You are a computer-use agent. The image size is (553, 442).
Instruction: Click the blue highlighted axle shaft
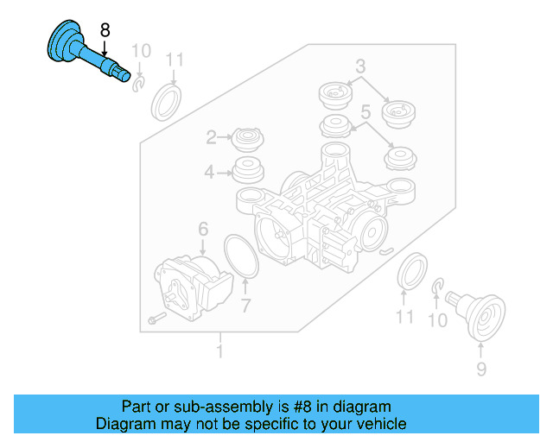83,53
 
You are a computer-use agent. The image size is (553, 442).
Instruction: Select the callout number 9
480,369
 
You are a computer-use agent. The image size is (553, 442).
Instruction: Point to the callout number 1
219,351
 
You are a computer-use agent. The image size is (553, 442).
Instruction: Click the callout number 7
245,306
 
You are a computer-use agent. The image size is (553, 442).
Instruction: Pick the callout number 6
203,229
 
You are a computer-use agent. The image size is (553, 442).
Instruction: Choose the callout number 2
211,137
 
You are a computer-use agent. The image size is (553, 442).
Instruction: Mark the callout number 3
360,65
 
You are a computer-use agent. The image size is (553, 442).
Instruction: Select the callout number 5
365,111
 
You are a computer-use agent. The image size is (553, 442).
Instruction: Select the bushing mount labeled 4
248,171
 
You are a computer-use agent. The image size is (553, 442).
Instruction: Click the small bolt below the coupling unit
155,319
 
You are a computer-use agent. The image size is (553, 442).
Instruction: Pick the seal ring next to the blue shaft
166,102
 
